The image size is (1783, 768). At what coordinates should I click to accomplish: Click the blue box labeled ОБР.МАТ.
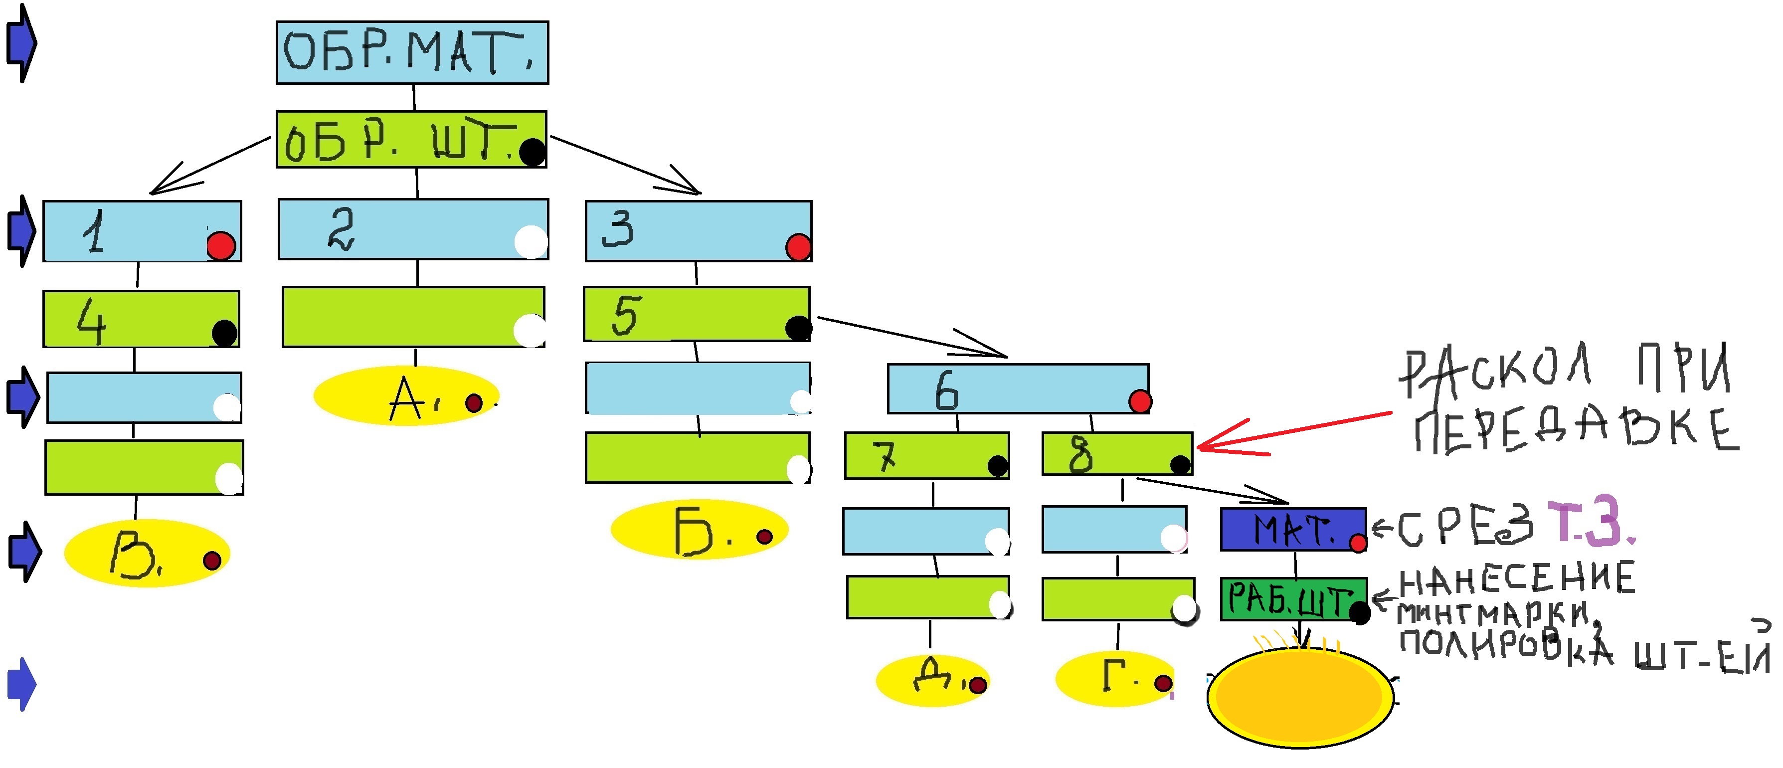tap(412, 53)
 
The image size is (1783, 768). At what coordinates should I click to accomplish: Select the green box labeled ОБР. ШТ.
tap(411, 139)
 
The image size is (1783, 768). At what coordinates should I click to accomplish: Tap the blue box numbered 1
tap(142, 231)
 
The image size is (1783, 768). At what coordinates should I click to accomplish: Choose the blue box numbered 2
tap(413, 229)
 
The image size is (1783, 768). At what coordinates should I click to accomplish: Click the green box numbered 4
tap(141, 319)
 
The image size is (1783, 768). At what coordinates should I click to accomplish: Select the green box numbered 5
tap(697, 314)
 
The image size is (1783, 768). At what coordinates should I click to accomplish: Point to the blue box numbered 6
tap(1018, 388)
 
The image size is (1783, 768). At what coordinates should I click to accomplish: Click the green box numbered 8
tap(1116, 454)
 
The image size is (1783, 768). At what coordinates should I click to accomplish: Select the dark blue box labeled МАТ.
tap(1292, 530)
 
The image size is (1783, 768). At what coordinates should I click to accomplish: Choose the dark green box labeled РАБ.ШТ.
tap(1293, 599)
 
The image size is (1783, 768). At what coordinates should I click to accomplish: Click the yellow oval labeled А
tap(406, 396)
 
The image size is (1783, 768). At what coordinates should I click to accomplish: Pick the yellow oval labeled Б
tap(699, 530)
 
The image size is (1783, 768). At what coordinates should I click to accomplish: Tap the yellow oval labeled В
tap(147, 554)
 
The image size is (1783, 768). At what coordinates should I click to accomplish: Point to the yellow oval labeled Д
tap(932, 680)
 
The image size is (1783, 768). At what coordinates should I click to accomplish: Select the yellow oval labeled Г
tap(1114, 679)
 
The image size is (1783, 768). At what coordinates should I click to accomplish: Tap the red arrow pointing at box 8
tap(1287, 434)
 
